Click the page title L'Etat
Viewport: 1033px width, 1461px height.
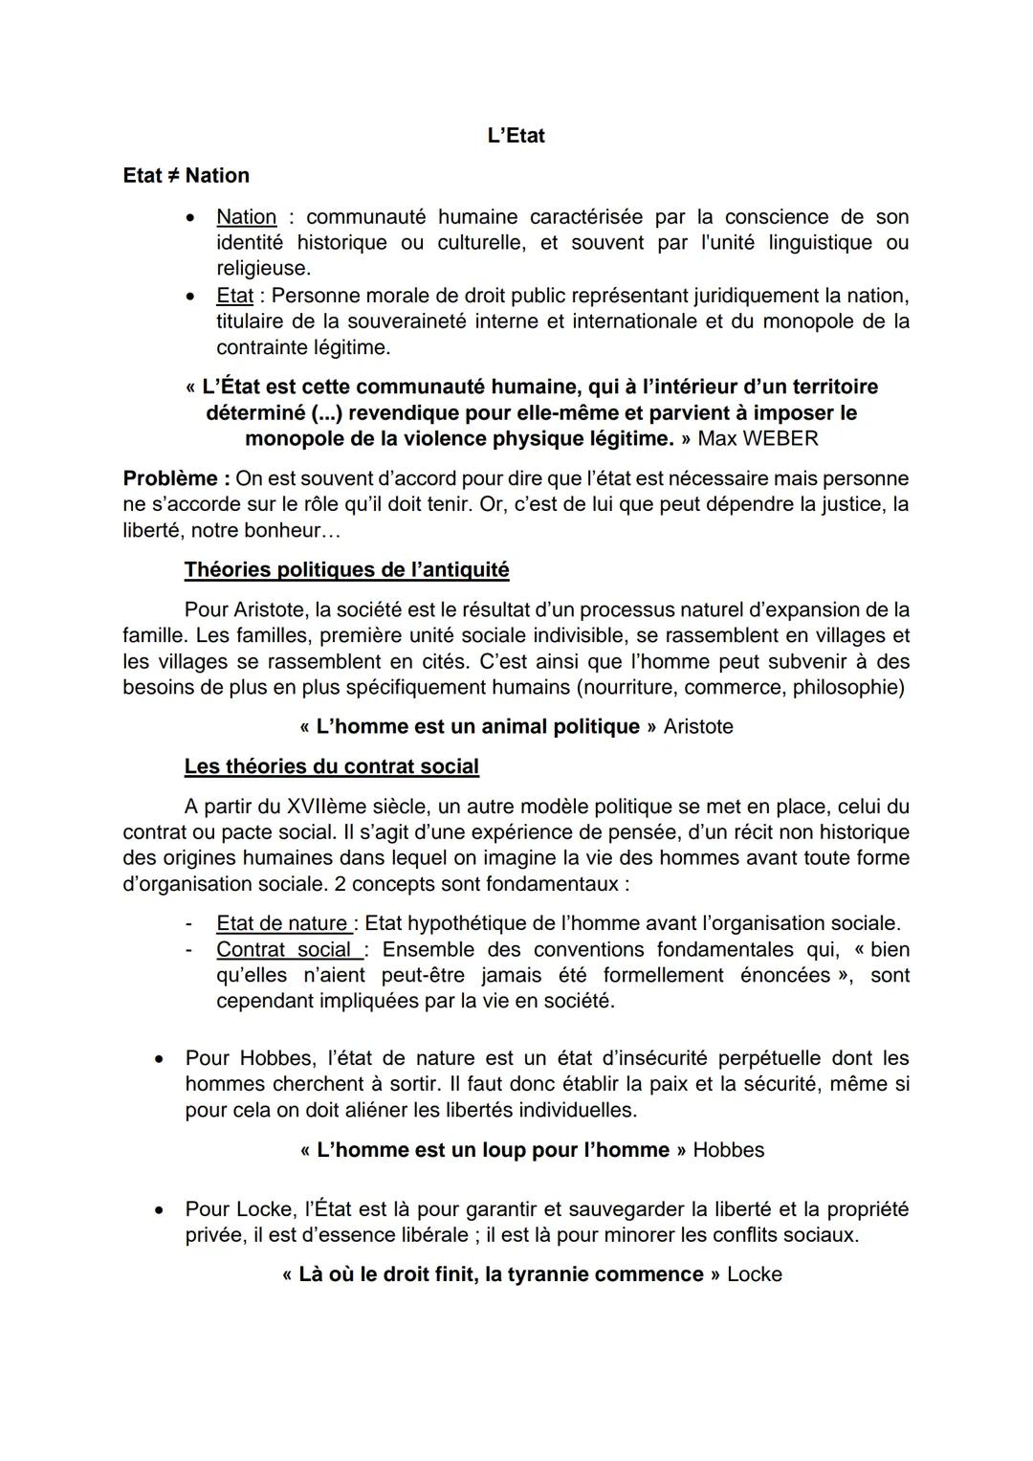(516, 136)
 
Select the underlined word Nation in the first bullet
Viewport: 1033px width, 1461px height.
(246, 217)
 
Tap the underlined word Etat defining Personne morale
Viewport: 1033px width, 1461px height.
(234, 296)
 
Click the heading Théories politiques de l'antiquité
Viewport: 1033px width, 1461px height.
(346, 570)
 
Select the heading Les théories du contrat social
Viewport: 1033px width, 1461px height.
(331, 766)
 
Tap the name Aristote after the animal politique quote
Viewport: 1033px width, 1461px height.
(698, 727)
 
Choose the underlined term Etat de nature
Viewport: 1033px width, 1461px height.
(283, 924)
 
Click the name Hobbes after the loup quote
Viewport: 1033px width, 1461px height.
(729, 1150)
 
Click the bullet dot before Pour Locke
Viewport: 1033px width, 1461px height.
(161, 1210)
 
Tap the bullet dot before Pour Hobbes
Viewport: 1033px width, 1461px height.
(161, 1059)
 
